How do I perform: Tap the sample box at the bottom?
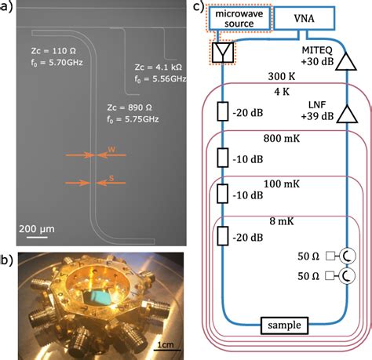click(x=283, y=324)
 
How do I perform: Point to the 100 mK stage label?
click(x=282, y=182)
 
